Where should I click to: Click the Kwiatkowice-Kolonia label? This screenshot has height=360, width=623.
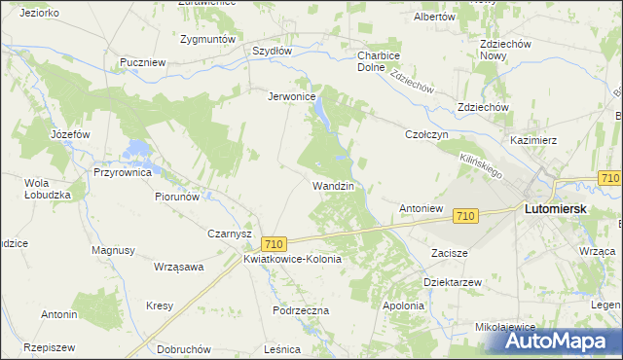click(x=292, y=260)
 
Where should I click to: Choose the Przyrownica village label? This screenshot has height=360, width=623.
click(x=123, y=172)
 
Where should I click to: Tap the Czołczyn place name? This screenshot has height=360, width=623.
click(x=426, y=135)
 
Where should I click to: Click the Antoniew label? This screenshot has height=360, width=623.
click(x=421, y=208)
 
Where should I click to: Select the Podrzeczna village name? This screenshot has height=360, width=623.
click(x=302, y=310)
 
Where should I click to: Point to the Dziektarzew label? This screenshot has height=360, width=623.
click(x=453, y=281)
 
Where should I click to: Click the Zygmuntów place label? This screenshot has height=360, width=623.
click(x=208, y=39)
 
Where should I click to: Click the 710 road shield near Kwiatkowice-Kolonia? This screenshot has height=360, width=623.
click(x=274, y=243)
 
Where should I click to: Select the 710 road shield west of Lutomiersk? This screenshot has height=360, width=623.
click(x=465, y=215)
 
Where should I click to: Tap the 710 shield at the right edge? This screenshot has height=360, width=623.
click(x=610, y=178)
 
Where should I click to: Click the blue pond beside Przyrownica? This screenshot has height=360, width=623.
click(x=138, y=150)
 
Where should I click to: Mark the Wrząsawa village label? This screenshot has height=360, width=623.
click(x=178, y=266)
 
